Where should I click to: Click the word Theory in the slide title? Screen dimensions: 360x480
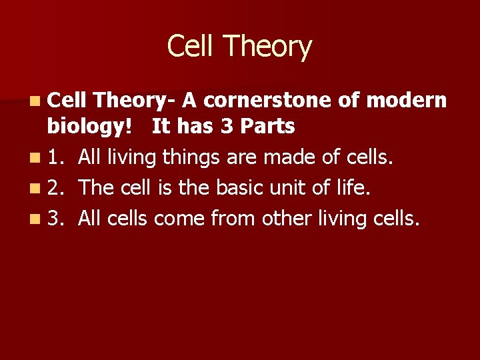[x=268, y=47]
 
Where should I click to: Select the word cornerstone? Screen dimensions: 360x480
[x=267, y=100]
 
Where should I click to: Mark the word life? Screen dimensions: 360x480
[x=349, y=188]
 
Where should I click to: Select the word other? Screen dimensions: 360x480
[x=283, y=218]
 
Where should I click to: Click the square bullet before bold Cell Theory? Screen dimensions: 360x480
[x=34, y=101]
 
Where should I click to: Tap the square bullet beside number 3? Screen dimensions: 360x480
[x=34, y=219]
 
